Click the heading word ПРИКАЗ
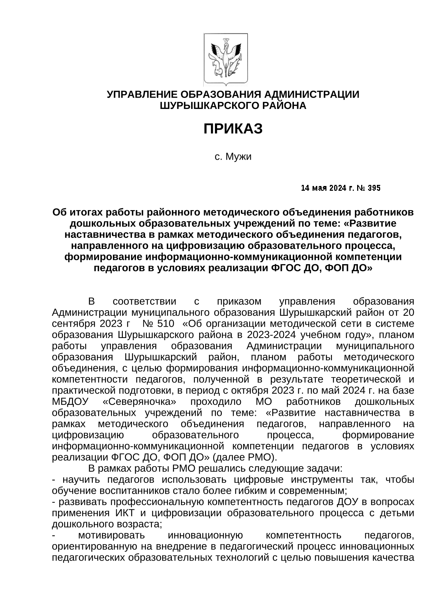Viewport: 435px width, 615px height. (x=233, y=129)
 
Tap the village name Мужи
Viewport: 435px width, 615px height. (x=238, y=157)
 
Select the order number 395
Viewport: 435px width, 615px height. (x=374, y=188)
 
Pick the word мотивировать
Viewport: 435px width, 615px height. (x=111, y=535)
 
